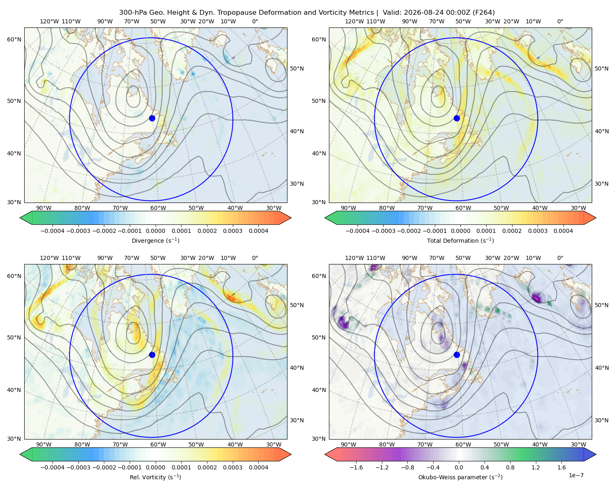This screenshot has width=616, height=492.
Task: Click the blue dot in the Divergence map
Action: [152, 118]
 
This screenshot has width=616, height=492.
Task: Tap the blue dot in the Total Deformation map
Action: [457, 118]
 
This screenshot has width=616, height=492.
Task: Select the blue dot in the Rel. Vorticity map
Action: [152, 355]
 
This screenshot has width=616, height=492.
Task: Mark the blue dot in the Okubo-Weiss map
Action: [457, 355]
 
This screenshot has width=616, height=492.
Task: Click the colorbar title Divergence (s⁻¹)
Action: [155, 240]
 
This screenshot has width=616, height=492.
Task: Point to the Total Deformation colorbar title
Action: [460, 240]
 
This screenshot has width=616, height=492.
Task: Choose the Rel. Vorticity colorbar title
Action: [155, 477]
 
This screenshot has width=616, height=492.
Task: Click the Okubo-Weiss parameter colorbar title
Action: [460, 477]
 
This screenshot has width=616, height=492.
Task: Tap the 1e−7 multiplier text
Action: [576, 475]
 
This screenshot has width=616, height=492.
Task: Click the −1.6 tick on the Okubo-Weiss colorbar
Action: [356, 467]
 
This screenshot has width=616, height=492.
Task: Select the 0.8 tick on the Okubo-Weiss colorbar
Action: [510, 467]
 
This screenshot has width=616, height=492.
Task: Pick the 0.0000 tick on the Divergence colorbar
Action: [155, 231]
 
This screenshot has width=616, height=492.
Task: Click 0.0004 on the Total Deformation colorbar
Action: [563, 231]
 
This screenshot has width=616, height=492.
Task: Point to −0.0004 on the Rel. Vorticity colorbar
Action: [53, 467]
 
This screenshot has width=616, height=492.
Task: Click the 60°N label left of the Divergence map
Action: [14, 39]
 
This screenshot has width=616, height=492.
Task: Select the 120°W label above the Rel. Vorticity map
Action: [49, 258]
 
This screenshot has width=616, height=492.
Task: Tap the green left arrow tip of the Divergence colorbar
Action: [20, 218]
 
